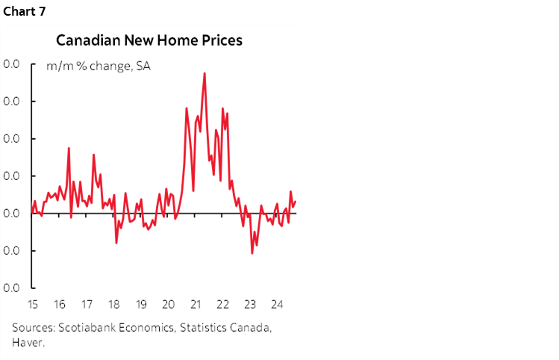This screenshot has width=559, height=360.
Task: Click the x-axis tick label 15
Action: (33, 305)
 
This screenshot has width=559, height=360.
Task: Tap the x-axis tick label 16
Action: (60, 305)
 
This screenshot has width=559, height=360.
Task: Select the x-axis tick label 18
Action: (114, 305)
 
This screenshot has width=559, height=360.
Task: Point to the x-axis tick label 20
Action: (168, 305)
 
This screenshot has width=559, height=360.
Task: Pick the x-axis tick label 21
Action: (195, 305)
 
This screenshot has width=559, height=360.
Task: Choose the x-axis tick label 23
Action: (249, 305)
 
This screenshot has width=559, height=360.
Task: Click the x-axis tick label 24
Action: (276, 305)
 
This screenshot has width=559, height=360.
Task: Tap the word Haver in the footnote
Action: (28, 343)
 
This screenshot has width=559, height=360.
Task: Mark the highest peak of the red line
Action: (204, 73)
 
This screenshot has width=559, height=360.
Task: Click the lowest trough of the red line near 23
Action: (252, 253)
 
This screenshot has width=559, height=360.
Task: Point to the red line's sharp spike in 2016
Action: (69, 148)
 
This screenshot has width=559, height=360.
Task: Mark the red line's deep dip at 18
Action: (116, 242)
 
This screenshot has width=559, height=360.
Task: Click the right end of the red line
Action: (296, 201)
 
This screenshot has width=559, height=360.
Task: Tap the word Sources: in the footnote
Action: (33, 328)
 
